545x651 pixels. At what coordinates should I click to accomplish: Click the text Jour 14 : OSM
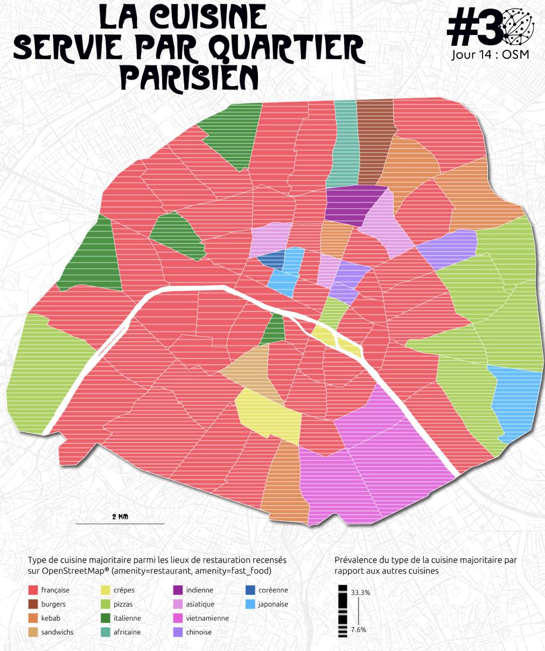coord(490,54)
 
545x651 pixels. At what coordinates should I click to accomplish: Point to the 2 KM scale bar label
coord(120,517)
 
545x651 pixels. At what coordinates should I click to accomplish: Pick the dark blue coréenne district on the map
coord(271,258)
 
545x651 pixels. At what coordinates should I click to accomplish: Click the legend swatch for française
coord(33,590)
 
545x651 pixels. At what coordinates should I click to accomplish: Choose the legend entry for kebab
coord(51,618)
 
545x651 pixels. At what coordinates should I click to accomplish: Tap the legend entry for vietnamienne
coord(207,618)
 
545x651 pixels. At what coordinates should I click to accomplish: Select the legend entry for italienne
coord(127,618)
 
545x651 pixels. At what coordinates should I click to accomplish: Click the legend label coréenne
coord(273,590)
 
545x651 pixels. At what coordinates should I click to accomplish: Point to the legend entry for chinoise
coord(199,632)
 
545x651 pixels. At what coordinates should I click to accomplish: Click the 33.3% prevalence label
coord(360,592)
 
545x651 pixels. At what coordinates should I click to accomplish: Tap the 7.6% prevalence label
coord(359,629)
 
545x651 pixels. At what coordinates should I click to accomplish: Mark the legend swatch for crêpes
coord(105,590)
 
